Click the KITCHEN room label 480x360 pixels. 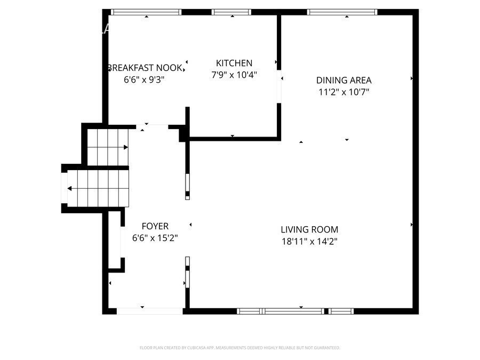pos(234,63)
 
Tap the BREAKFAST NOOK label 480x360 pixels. pos(145,68)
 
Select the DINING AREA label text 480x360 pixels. pos(343,81)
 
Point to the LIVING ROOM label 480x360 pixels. pos(309,230)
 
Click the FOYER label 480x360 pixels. pos(155,226)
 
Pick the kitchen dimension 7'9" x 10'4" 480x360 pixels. pos(234,75)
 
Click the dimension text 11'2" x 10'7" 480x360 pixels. pos(343,92)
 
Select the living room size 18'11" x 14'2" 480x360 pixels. pos(309,241)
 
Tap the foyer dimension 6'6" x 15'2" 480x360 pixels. pos(155,238)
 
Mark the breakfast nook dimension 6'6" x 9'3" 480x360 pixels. pos(144,79)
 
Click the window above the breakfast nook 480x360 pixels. pos(146,12)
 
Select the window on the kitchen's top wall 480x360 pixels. pos(231,12)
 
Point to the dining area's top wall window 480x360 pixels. pos(342,12)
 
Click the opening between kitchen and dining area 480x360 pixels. pos(279,86)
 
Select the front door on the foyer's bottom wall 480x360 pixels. pos(142,310)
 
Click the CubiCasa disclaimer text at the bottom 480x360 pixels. pos(239,348)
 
